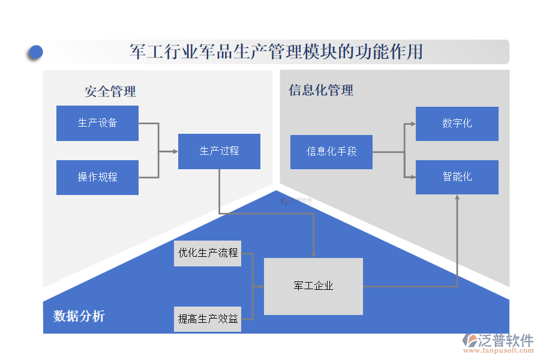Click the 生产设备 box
click(97, 123)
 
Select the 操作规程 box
click(97, 177)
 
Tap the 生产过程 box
click(219, 151)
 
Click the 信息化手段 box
click(331, 152)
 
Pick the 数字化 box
click(457, 124)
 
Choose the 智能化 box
click(457, 177)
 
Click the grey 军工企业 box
click(313, 286)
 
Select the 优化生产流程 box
click(208, 253)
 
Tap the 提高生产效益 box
click(208, 319)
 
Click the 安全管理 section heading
click(110, 91)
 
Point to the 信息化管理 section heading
click(321, 90)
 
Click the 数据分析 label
click(79, 316)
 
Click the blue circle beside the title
click(35, 52)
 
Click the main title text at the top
click(276, 52)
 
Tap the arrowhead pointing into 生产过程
click(175, 151)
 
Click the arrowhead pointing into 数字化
click(412, 124)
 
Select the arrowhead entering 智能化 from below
click(457, 198)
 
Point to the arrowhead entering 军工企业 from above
click(313, 254)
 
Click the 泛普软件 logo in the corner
click(497, 340)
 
